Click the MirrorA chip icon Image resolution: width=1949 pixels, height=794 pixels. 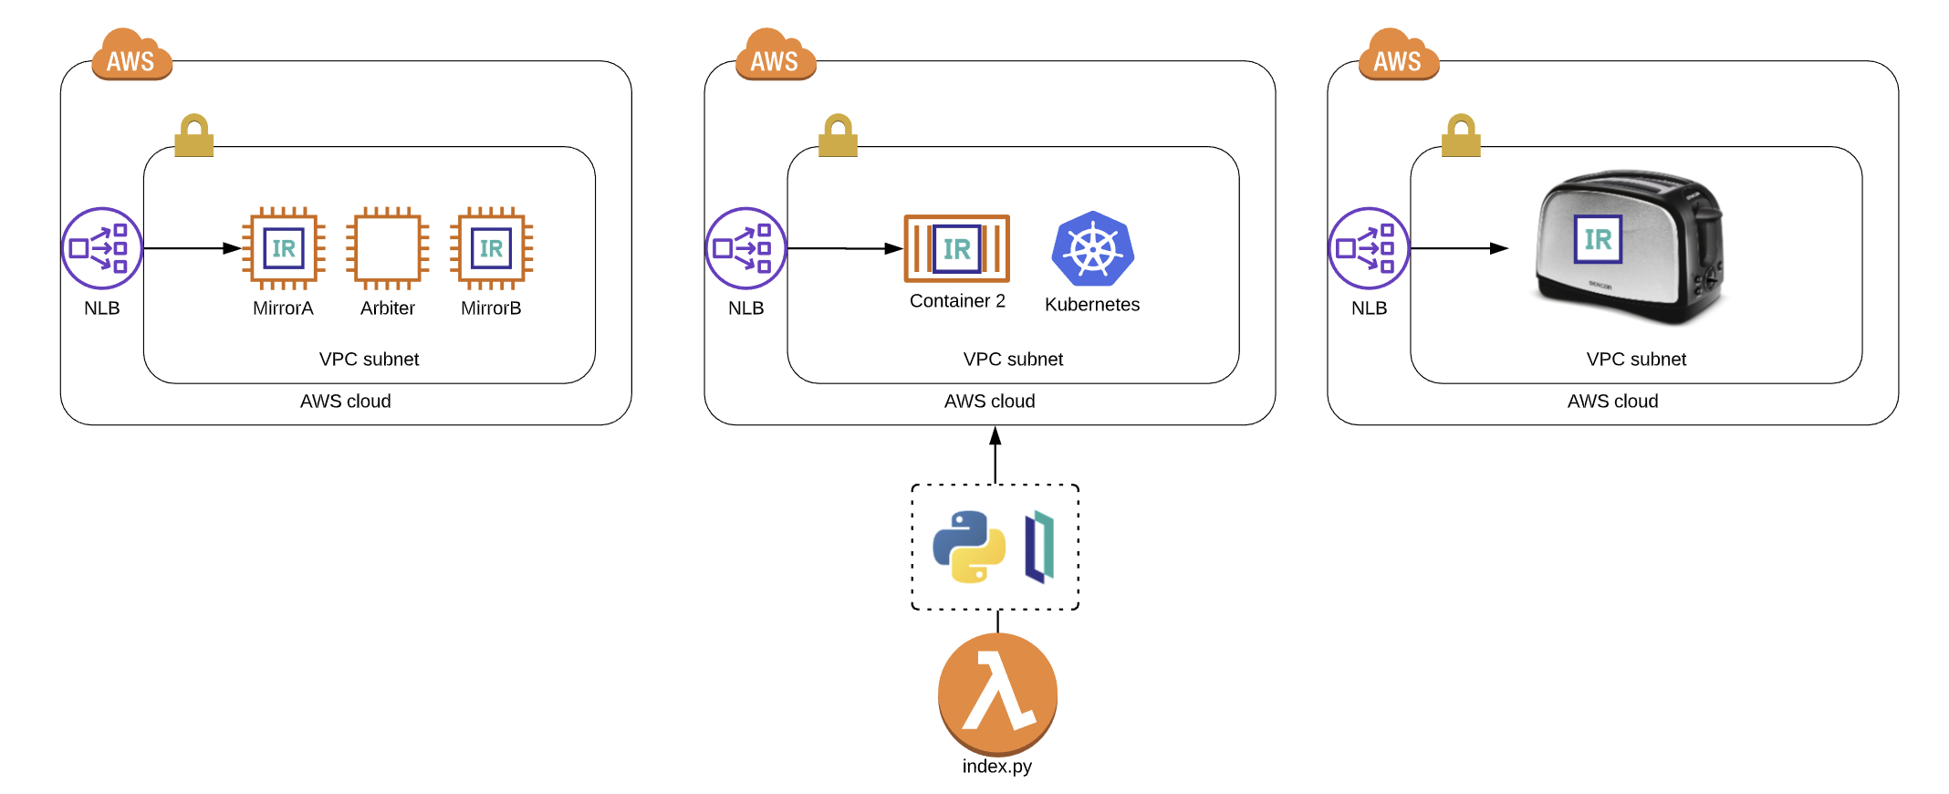(284, 248)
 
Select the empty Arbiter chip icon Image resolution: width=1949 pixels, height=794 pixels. (388, 248)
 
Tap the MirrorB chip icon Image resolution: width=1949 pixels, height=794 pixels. (491, 248)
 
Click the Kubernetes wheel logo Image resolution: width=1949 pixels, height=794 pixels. (1092, 248)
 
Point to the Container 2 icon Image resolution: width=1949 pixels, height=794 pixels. (956, 248)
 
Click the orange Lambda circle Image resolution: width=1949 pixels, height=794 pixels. (997, 694)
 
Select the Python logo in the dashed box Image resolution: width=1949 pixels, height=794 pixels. (969, 547)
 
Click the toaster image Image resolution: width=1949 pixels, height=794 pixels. (1630, 246)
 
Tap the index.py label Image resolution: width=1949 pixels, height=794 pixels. (996, 767)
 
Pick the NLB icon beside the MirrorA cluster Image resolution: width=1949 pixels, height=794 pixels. (102, 248)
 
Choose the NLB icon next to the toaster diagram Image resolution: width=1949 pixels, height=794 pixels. (1369, 248)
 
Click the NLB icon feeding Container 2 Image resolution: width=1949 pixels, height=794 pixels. (745, 248)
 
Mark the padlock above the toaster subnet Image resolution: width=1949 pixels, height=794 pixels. (1461, 136)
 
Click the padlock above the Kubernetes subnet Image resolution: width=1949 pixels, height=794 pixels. (838, 136)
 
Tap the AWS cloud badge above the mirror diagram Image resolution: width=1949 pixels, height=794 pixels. (131, 57)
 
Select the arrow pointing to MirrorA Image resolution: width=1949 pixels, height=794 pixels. (192, 248)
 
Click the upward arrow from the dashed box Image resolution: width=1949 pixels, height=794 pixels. (995, 455)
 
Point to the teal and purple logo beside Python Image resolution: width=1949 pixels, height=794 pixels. (1039, 548)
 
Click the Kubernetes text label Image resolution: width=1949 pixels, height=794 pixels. (1092, 305)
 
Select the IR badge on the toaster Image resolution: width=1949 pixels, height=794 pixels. (1598, 239)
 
